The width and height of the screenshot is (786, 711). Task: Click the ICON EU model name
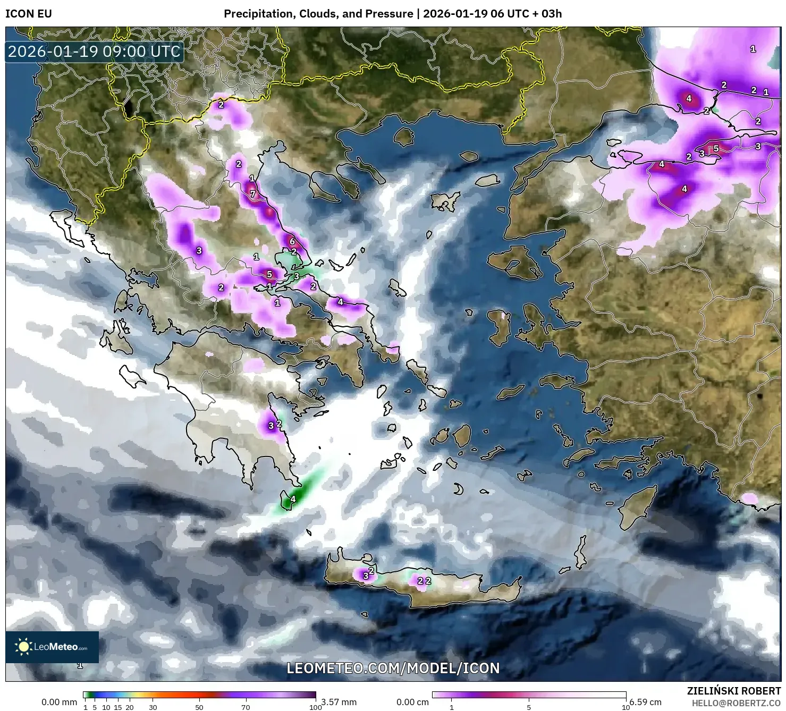coord(29,13)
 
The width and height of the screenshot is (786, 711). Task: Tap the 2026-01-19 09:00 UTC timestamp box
coord(95,52)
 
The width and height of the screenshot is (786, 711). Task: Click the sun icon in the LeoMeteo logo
coord(23,647)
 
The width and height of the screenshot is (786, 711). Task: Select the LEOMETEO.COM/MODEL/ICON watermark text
coord(393,668)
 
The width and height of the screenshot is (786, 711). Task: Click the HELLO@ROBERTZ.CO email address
coord(736,703)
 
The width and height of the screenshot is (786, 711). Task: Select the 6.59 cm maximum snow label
coord(645,703)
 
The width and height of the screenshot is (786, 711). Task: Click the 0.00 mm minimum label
coord(59,702)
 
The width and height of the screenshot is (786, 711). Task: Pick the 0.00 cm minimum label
coord(412,702)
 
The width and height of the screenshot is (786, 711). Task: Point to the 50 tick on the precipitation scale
coord(199,707)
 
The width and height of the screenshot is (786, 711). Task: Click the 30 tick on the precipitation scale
coord(153,707)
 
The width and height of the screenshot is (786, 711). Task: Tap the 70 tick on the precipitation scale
coord(246,707)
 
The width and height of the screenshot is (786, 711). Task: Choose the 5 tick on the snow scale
coord(529,707)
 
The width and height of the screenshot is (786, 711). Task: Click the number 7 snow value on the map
coord(253,194)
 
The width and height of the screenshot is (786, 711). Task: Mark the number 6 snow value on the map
coord(292,241)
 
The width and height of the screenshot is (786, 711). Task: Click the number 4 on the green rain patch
coord(293,499)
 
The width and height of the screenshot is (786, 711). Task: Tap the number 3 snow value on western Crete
coord(366,575)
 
